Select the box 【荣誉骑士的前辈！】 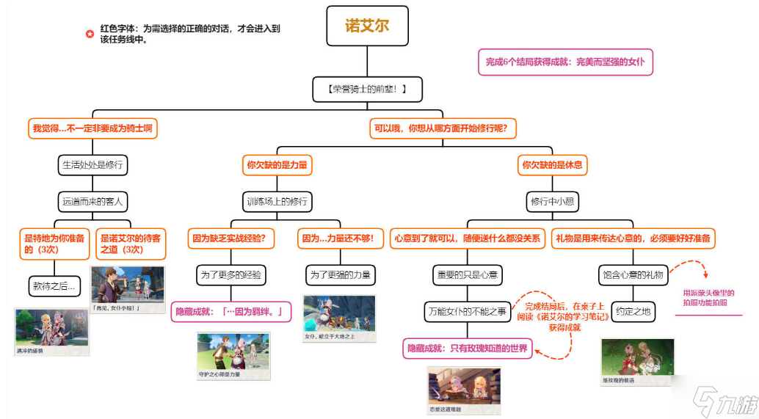pyautogui.click(x=367, y=90)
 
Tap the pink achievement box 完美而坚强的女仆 pyautogui.click(x=564, y=62)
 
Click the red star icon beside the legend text pyautogui.click(x=90, y=34)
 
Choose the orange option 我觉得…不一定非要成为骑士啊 pyautogui.click(x=93, y=128)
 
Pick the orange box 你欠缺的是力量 pyautogui.click(x=277, y=165)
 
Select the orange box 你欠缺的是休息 pyautogui.click(x=553, y=165)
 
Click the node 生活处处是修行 pyautogui.click(x=92, y=165)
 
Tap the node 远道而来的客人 pyautogui.click(x=92, y=200)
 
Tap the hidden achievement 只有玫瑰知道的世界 pyautogui.click(x=468, y=349)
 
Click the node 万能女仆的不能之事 pyautogui.click(x=468, y=312)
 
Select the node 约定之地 pyautogui.click(x=632, y=312)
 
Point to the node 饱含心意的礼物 pyautogui.click(x=632, y=275)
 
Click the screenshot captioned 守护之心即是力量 pyautogui.click(x=233, y=356)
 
